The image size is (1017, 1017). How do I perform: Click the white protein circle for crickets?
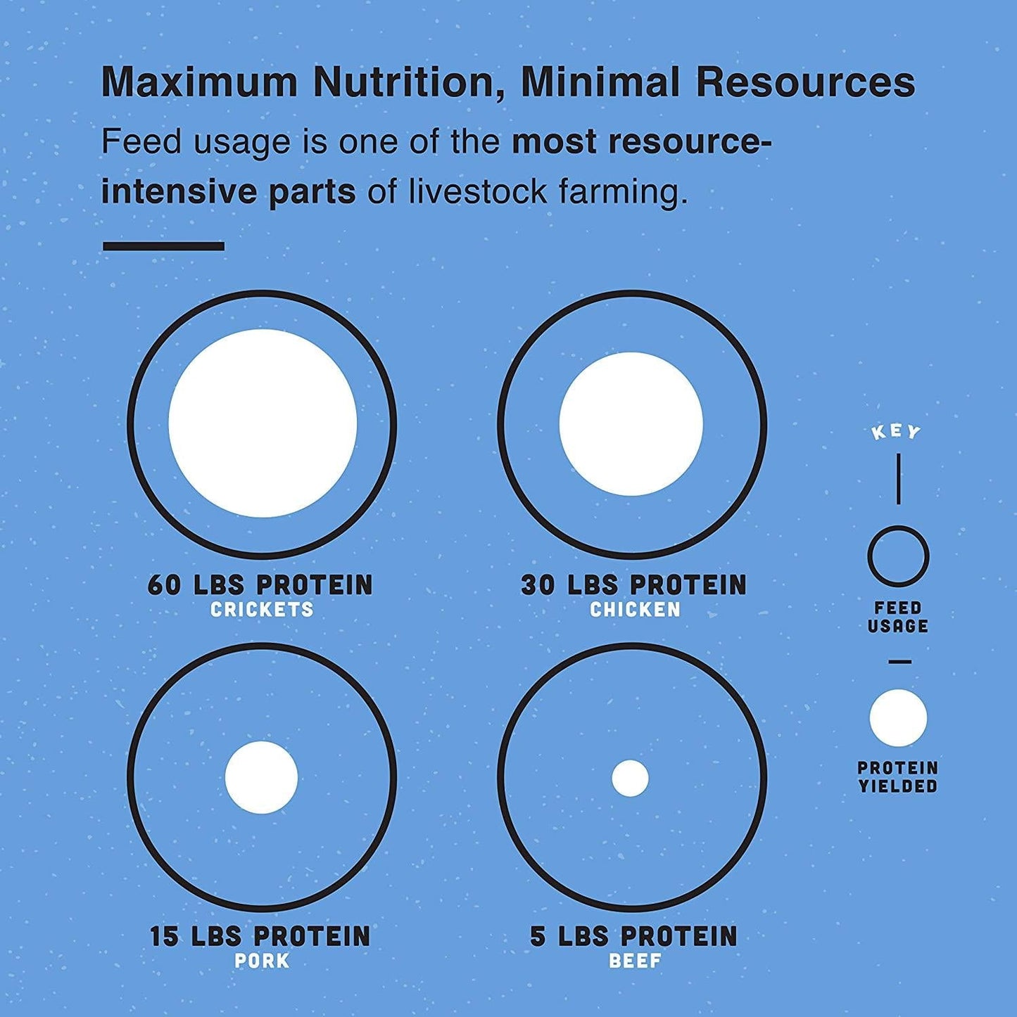tap(263, 423)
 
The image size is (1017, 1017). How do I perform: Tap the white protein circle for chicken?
tap(631, 424)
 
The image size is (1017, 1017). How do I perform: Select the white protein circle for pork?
tap(261, 777)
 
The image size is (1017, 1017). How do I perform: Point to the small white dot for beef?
tap(630, 779)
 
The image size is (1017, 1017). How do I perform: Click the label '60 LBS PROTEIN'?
tap(260, 585)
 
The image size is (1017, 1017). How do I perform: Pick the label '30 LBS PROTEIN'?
tap(634, 585)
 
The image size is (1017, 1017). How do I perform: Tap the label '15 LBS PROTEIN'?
tap(260, 937)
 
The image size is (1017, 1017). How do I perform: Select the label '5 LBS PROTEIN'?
tap(634, 937)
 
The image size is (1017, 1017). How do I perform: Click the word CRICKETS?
tap(262, 610)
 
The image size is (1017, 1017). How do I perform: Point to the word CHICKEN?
tap(635, 610)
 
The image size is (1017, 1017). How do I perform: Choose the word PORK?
tap(262, 961)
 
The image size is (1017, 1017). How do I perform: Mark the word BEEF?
tap(635, 961)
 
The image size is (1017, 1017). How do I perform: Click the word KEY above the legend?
tap(897, 432)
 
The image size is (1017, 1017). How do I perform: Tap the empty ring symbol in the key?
tap(898, 556)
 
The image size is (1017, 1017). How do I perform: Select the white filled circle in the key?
tap(898, 718)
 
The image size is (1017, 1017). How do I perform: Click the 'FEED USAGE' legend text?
tap(898, 617)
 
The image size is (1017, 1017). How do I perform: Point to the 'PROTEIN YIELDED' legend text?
tap(898, 777)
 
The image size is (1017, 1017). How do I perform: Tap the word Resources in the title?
tap(806, 82)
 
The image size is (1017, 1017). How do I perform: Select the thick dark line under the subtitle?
tap(163, 246)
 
